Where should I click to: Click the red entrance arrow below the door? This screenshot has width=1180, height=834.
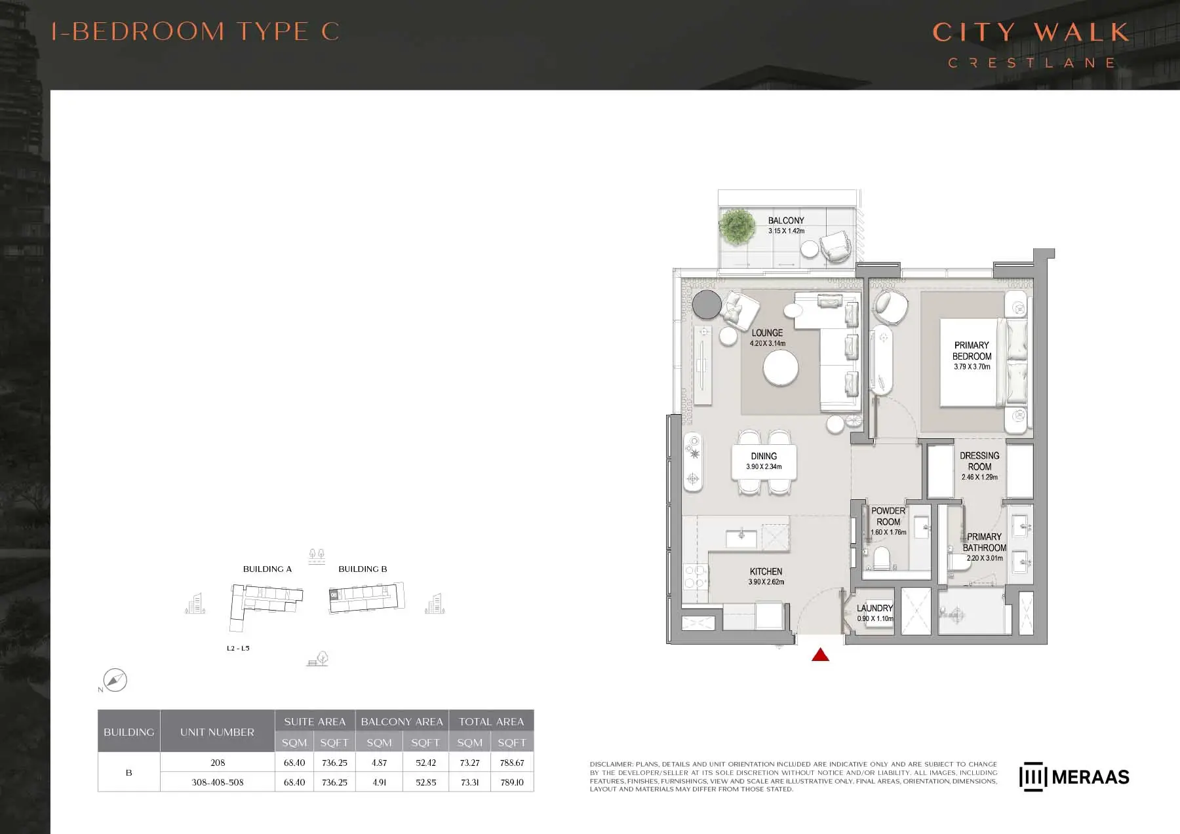click(x=820, y=654)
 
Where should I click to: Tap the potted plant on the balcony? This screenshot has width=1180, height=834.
click(x=737, y=226)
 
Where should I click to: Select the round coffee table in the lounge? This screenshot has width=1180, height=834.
click(x=781, y=368)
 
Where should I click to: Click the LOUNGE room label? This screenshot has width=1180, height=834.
click(x=767, y=333)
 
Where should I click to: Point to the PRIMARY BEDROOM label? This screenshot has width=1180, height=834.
click(x=972, y=351)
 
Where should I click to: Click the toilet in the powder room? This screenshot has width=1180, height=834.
click(x=882, y=558)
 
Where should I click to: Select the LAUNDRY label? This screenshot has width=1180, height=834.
click(x=875, y=608)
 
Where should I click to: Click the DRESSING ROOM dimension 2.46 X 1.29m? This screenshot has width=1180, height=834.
click(x=979, y=477)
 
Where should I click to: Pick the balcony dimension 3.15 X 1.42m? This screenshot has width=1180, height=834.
click(x=786, y=231)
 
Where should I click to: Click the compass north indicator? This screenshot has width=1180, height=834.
click(x=115, y=680)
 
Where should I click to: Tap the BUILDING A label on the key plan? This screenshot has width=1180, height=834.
click(x=267, y=569)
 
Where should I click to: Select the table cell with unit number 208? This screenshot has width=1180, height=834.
click(x=218, y=763)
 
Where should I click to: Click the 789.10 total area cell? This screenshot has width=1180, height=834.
click(x=512, y=782)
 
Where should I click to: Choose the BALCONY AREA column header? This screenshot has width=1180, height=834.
click(x=402, y=721)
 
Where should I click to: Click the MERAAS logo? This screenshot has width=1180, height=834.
click(x=1074, y=777)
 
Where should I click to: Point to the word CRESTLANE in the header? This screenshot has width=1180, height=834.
click(x=1032, y=63)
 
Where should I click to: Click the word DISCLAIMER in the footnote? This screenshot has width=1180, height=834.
click(x=611, y=764)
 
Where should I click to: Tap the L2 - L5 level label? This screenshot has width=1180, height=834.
click(x=238, y=649)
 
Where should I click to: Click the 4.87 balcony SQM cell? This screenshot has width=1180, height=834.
click(x=379, y=763)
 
